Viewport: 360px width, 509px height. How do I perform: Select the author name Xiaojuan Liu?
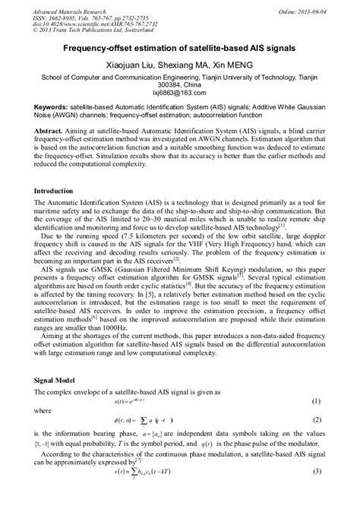(127, 65)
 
